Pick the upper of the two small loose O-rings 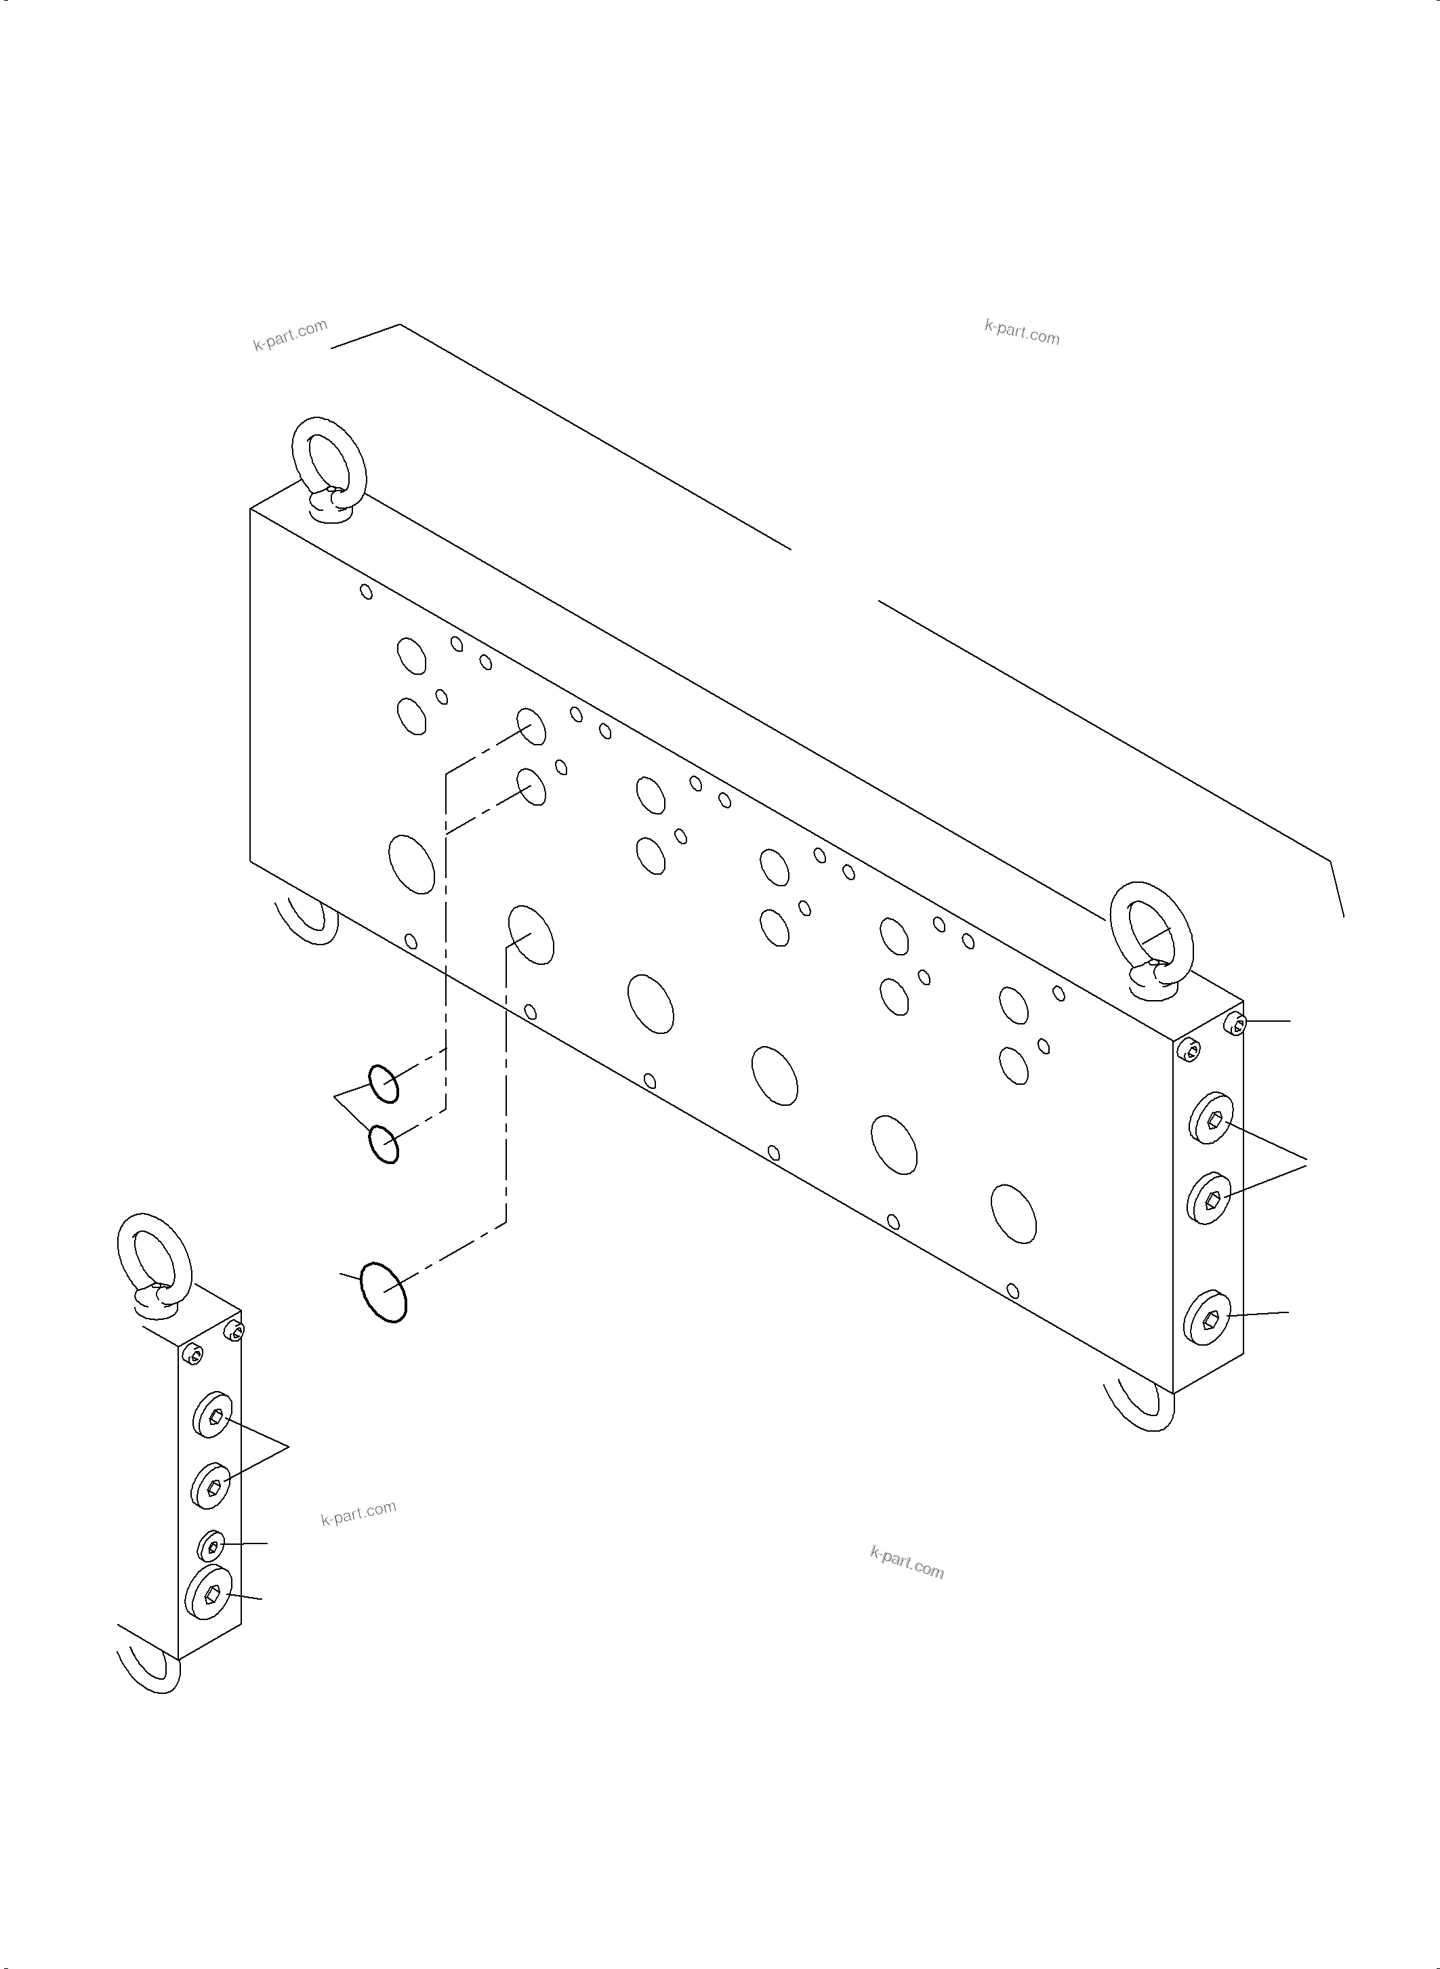(x=384, y=1083)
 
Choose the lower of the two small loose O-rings (x=384, y=1144)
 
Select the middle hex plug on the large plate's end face (x=1210, y=1199)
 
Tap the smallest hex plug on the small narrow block (x=212, y=1546)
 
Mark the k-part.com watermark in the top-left (x=290, y=335)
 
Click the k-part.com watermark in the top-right (x=1022, y=332)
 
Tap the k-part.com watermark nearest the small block (x=358, y=1512)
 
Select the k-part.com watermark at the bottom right (x=907, y=1562)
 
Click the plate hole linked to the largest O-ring (x=530, y=934)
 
